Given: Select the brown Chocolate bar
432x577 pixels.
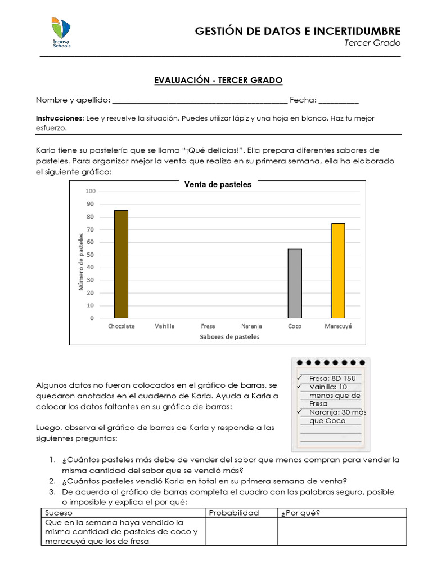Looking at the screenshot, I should pyautogui.click(x=121, y=264).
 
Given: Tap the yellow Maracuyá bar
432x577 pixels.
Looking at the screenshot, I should pyautogui.click(x=338, y=270).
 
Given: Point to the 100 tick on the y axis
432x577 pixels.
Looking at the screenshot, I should pyautogui.click(x=91, y=192).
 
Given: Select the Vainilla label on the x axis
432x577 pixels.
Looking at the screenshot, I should pyautogui.click(x=165, y=326).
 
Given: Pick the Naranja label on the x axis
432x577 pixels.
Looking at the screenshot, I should pyautogui.click(x=251, y=326).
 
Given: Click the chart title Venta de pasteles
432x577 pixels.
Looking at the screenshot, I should pyautogui.click(x=218, y=184).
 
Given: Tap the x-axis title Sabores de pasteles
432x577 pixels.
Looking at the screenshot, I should pyautogui.click(x=229, y=337).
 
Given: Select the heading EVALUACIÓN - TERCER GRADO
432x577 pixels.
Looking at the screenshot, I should pyautogui.click(x=218, y=81).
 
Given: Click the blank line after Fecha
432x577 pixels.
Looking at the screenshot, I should pyautogui.click(x=339, y=101).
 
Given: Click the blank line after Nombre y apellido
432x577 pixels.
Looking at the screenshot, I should pyautogui.click(x=200, y=101).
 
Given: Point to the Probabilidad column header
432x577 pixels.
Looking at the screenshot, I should pyautogui.click(x=234, y=513).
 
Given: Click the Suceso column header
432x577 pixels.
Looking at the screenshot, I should pyautogui.click(x=58, y=513).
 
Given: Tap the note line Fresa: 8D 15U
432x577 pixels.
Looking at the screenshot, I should pyautogui.click(x=332, y=378).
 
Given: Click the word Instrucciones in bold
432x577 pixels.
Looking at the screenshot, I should pyautogui.click(x=60, y=118).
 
